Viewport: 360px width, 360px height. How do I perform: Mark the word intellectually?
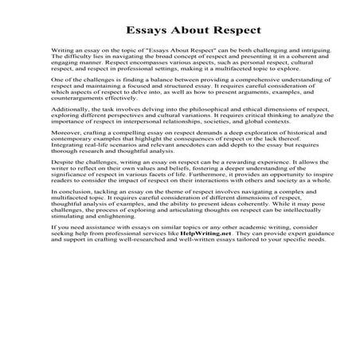click(289, 232)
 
